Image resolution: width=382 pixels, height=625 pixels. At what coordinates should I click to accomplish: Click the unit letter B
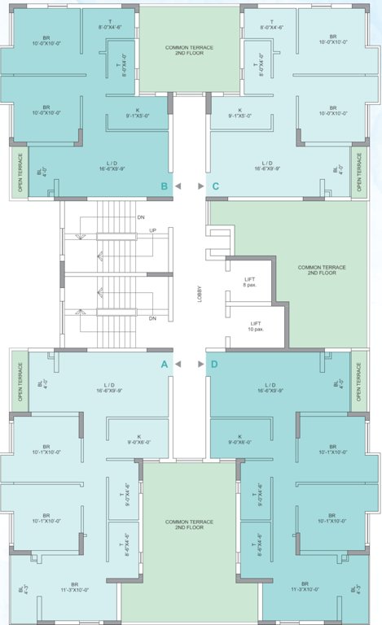[165, 186]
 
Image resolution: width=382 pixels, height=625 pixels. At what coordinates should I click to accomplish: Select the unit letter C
[215, 186]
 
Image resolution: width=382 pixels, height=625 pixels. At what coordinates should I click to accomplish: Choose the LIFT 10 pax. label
[255, 326]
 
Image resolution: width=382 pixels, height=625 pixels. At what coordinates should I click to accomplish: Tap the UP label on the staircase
[152, 230]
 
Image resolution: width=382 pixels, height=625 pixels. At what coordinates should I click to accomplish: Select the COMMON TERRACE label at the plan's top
[189, 50]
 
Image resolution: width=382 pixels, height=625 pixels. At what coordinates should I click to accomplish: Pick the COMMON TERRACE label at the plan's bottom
[189, 523]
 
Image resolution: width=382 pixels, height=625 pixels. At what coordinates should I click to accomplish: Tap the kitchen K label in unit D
[239, 439]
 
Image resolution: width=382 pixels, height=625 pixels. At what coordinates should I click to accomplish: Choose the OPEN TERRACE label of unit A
[20, 381]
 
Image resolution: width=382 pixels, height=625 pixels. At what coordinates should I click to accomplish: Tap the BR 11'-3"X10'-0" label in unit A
[74, 587]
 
